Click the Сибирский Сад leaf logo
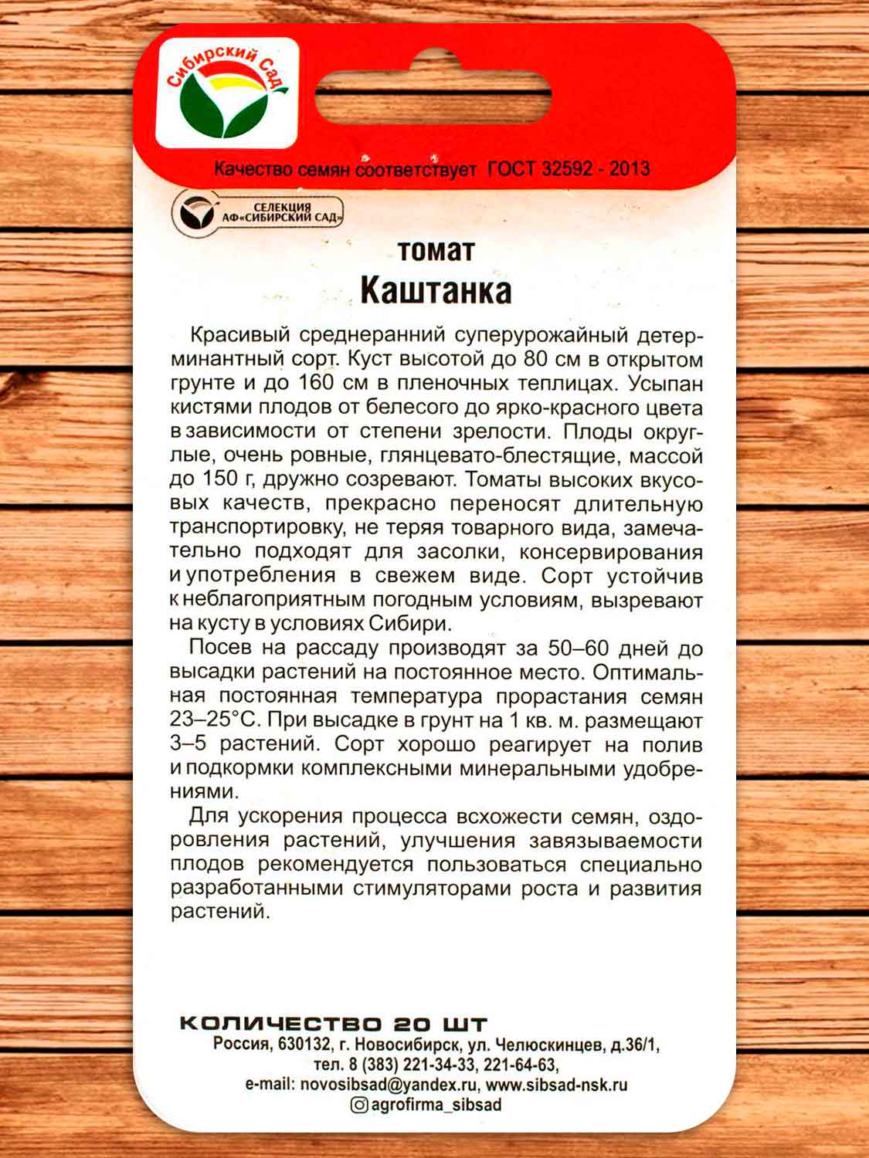pos(226,94)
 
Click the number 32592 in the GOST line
pos(567,168)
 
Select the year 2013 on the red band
pos(629,168)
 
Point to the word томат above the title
pos(436,251)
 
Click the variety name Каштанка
pos(436,290)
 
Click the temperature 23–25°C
pos(215,720)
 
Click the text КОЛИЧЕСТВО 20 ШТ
pos(333,1024)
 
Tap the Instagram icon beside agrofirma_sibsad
pos(359,1105)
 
